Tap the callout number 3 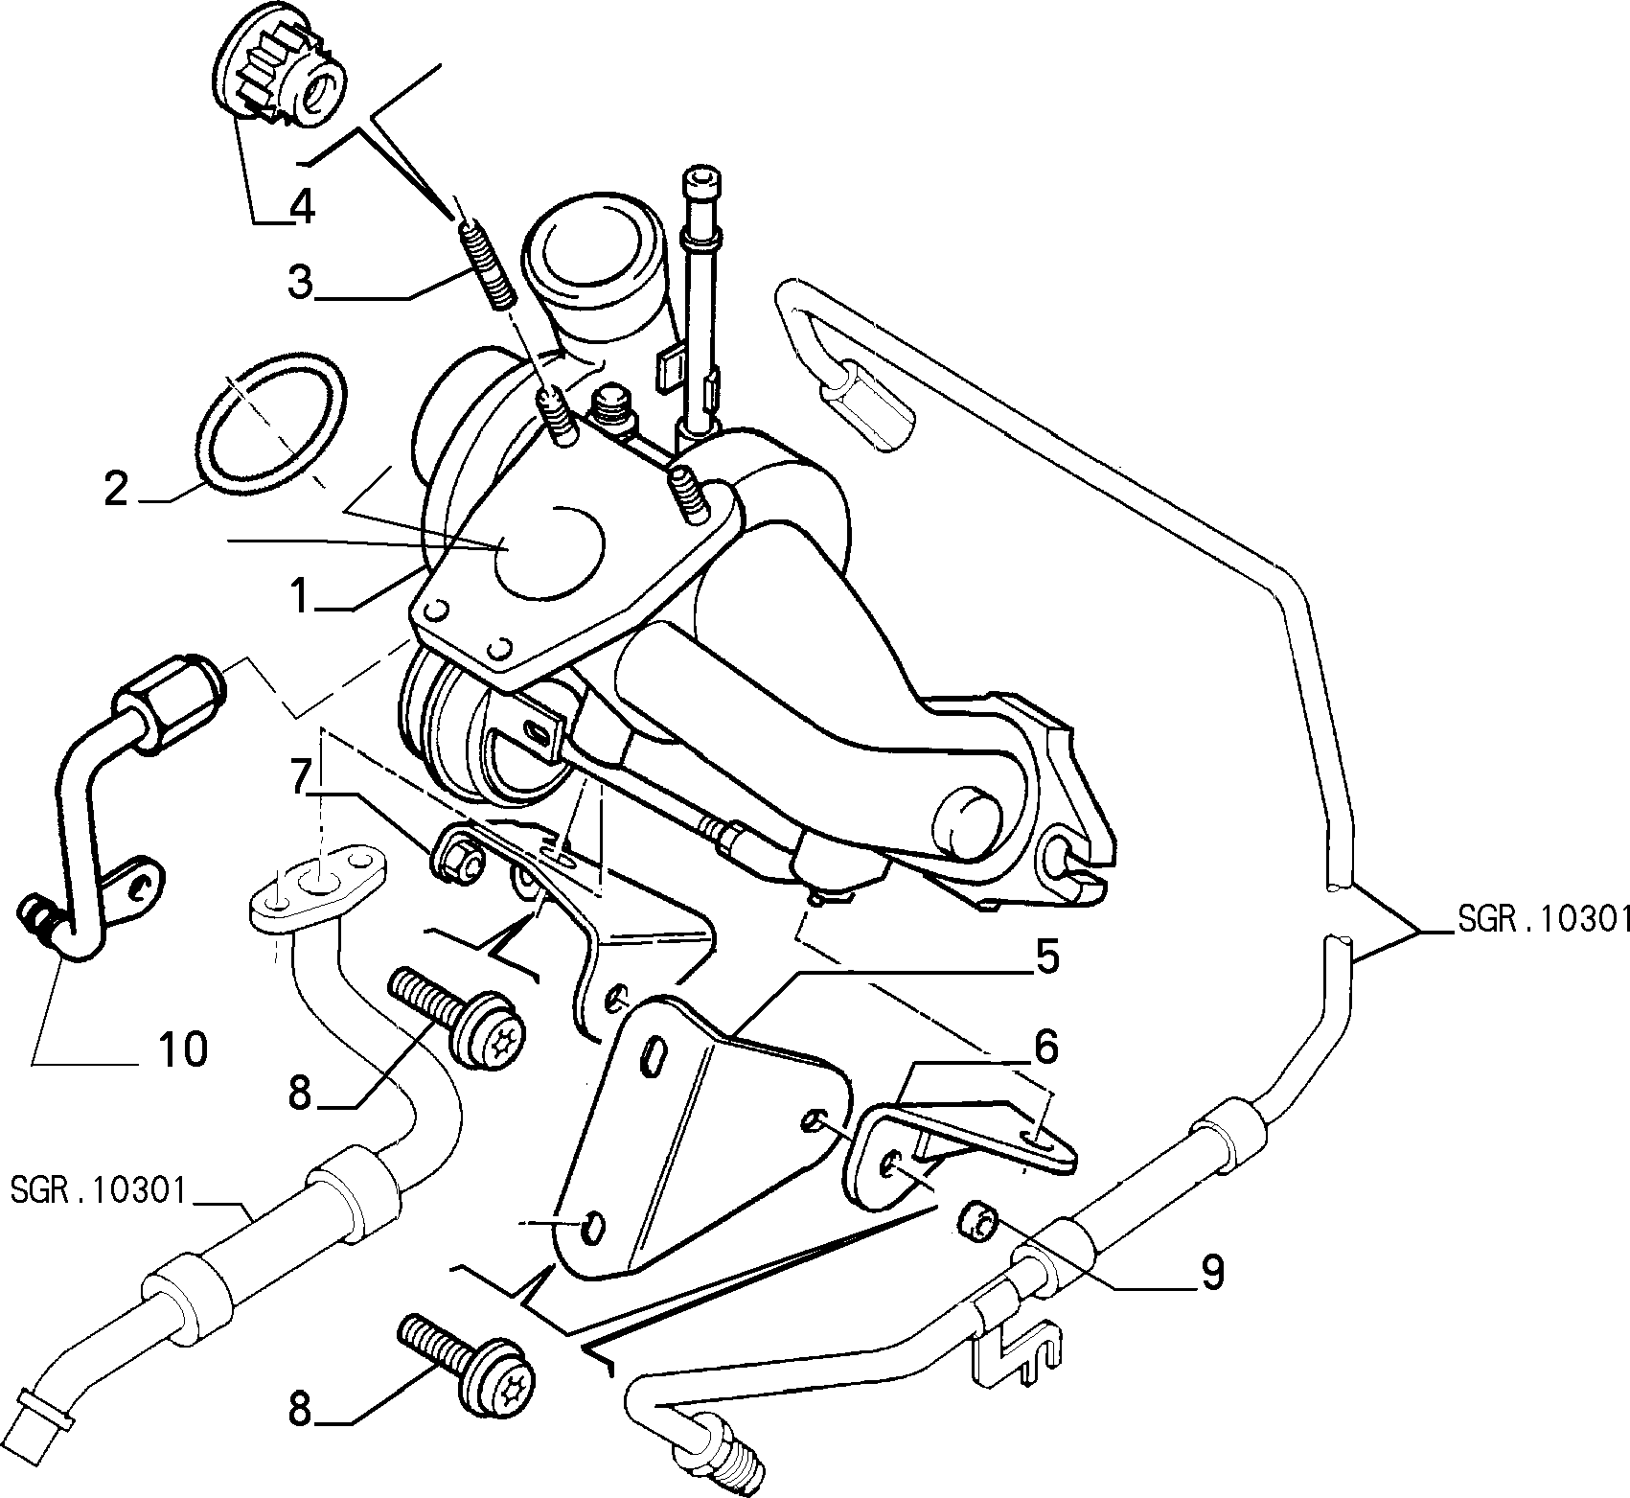point(302,285)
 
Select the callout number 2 point(115,489)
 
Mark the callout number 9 point(1211,1272)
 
